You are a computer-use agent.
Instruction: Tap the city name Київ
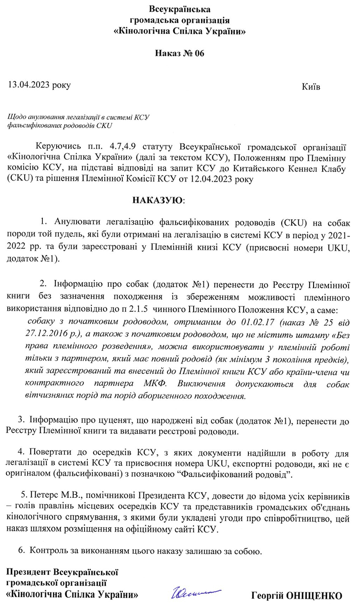point(311,86)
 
